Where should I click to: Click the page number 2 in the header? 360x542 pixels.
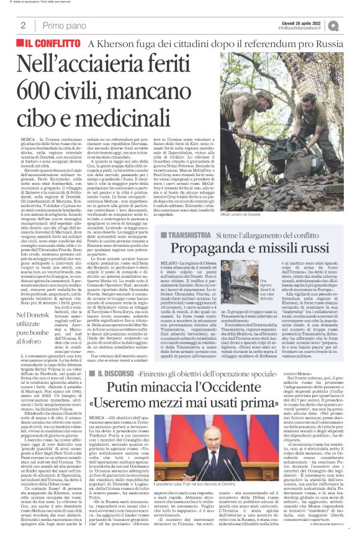click(x=23, y=25)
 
